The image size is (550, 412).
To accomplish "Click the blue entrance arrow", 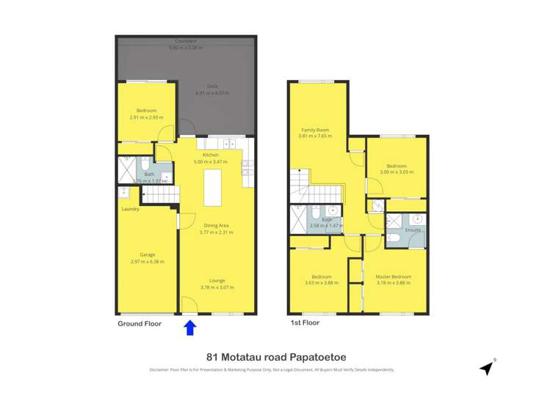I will click(189, 328).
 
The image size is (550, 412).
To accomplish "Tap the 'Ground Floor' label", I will click(140, 323).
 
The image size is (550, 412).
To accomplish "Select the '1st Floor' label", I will click(305, 323).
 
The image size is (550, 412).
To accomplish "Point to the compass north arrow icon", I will click(486, 368).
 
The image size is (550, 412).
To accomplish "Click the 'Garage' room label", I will click(148, 255).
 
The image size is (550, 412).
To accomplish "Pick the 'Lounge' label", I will click(217, 280).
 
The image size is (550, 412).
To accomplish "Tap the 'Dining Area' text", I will click(217, 225).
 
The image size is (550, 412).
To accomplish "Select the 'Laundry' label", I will click(131, 210).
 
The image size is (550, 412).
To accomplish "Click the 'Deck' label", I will click(211, 86).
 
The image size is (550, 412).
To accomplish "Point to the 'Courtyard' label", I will click(185, 40).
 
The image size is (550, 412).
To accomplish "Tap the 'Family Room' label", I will click(316, 130).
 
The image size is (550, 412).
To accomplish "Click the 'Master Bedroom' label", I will click(394, 276).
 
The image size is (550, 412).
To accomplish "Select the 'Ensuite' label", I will click(413, 230).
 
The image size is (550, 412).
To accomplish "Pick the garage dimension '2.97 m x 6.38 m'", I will click(148, 262).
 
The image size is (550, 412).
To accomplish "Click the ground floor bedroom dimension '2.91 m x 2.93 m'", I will click(147, 117).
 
